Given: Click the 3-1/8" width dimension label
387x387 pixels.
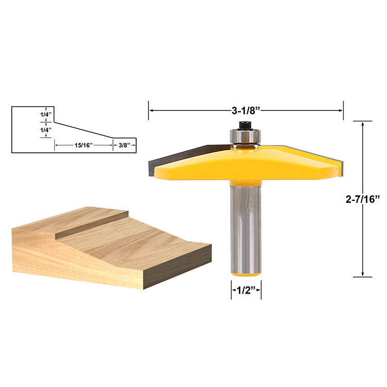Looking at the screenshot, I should [246, 110].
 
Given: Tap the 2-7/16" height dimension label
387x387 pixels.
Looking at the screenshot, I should [364, 199].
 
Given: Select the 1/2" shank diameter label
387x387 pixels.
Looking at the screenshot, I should [246, 290].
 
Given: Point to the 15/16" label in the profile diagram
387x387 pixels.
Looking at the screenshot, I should [83, 146].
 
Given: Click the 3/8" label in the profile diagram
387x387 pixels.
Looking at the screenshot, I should [124, 146].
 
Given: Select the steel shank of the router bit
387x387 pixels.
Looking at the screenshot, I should [246, 227].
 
